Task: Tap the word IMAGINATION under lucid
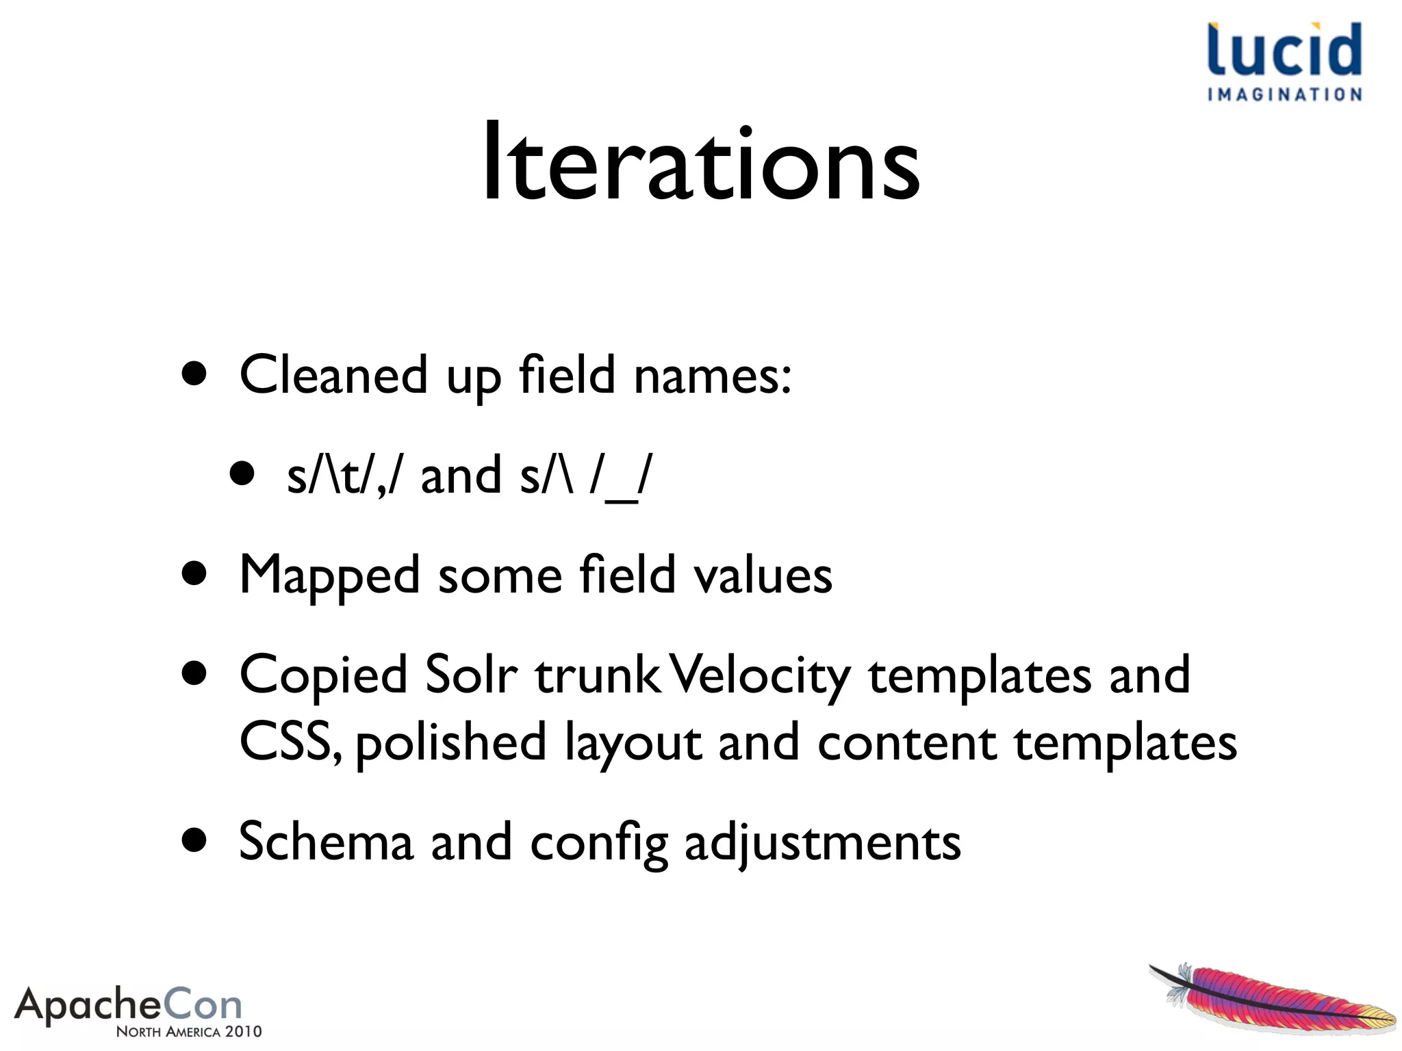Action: pyautogui.click(x=1284, y=94)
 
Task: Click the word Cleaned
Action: pyautogui.click(x=333, y=375)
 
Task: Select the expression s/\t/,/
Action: pyautogui.click(x=344, y=476)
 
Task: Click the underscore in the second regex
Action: pyautogui.click(x=621, y=499)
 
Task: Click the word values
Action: pyautogui.click(x=763, y=575)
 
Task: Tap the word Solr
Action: pyautogui.click(x=471, y=675)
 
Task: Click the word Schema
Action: pyautogui.click(x=326, y=842)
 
